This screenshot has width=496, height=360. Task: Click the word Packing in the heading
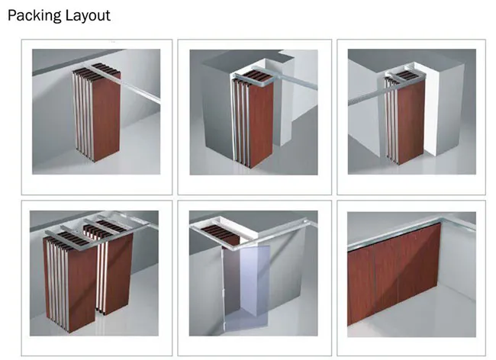33,15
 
